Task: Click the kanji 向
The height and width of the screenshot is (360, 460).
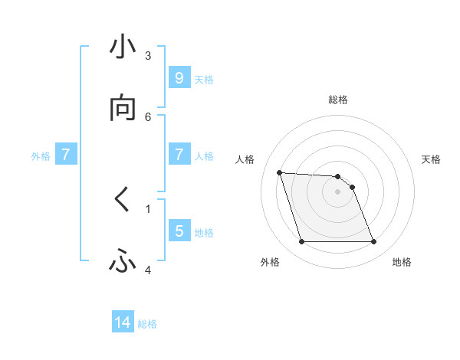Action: click(x=123, y=109)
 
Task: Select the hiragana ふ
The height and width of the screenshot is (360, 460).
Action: click(x=123, y=262)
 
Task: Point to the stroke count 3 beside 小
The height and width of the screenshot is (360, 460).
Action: click(x=148, y=55)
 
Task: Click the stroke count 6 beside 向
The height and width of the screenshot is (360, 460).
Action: click(x=148, y=116)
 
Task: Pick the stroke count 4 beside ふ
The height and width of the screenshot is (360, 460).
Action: click(x=148, y=270)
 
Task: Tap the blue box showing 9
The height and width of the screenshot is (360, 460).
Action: click(x=179, y=78)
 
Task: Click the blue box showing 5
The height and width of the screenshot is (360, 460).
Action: click(x=179, y=231)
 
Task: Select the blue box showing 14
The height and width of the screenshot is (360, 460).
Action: click(x=123, y=323)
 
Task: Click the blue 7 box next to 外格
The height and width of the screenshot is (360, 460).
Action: click(x=66, y=155)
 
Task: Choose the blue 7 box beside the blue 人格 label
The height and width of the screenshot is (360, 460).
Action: click(x=179, y=155)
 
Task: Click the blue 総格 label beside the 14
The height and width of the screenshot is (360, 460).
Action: click(x=147, y=324)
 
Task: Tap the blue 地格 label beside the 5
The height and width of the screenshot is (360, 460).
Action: click(x=204, y=232)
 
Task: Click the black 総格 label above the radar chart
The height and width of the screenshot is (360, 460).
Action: click(x=338, y=100)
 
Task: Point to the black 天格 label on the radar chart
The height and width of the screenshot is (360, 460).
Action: click(x=431, y=159)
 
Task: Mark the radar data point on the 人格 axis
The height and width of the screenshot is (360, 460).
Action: click(x=279, y=172)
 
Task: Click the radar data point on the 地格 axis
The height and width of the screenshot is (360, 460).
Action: click(x=373, y=242)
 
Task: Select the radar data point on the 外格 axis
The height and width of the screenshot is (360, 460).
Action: click(x=301, y=242)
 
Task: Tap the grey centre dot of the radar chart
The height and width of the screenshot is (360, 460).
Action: click(x=337, y=191)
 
